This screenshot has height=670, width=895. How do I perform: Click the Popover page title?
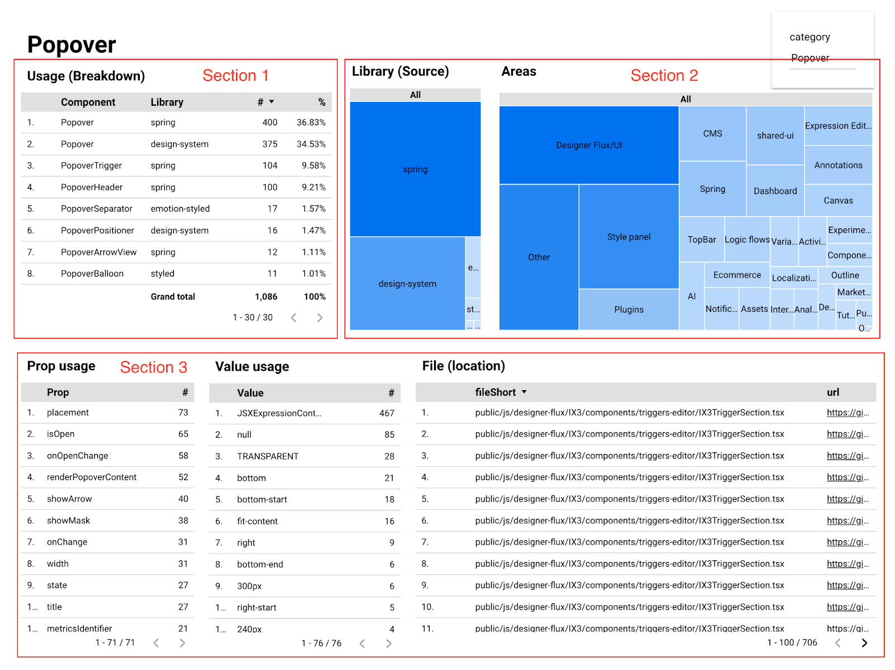point(72,45)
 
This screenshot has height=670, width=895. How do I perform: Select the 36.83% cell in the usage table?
point(311,123)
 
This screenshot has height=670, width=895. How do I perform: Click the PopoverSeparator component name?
point(97,209)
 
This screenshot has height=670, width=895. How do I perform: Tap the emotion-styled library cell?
point(180,209)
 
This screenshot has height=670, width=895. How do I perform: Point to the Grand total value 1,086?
point(266,297)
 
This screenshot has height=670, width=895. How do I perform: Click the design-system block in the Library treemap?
point(407,284)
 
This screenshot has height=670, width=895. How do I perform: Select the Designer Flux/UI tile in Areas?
point(588,145)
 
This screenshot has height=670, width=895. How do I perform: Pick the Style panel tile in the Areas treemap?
point(629,237)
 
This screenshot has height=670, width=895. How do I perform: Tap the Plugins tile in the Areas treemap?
point(629,310)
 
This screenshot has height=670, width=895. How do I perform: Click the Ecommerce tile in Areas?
point(737,275)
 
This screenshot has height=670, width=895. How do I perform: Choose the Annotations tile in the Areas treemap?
point(838,165)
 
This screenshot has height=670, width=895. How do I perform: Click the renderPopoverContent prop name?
point(92,477)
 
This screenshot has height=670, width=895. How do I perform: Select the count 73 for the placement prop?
point(183,413)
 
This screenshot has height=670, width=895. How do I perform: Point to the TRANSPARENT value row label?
point(268,456)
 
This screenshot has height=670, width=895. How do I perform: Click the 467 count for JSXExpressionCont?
point(387,413)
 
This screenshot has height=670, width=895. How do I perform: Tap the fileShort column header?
point(496,392)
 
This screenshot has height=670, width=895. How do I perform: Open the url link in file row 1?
point(847,413)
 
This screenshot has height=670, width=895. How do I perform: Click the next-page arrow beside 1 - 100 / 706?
point(864,643)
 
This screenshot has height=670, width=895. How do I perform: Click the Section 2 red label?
point(664,76)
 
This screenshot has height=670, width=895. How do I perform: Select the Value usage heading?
point(252,367)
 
